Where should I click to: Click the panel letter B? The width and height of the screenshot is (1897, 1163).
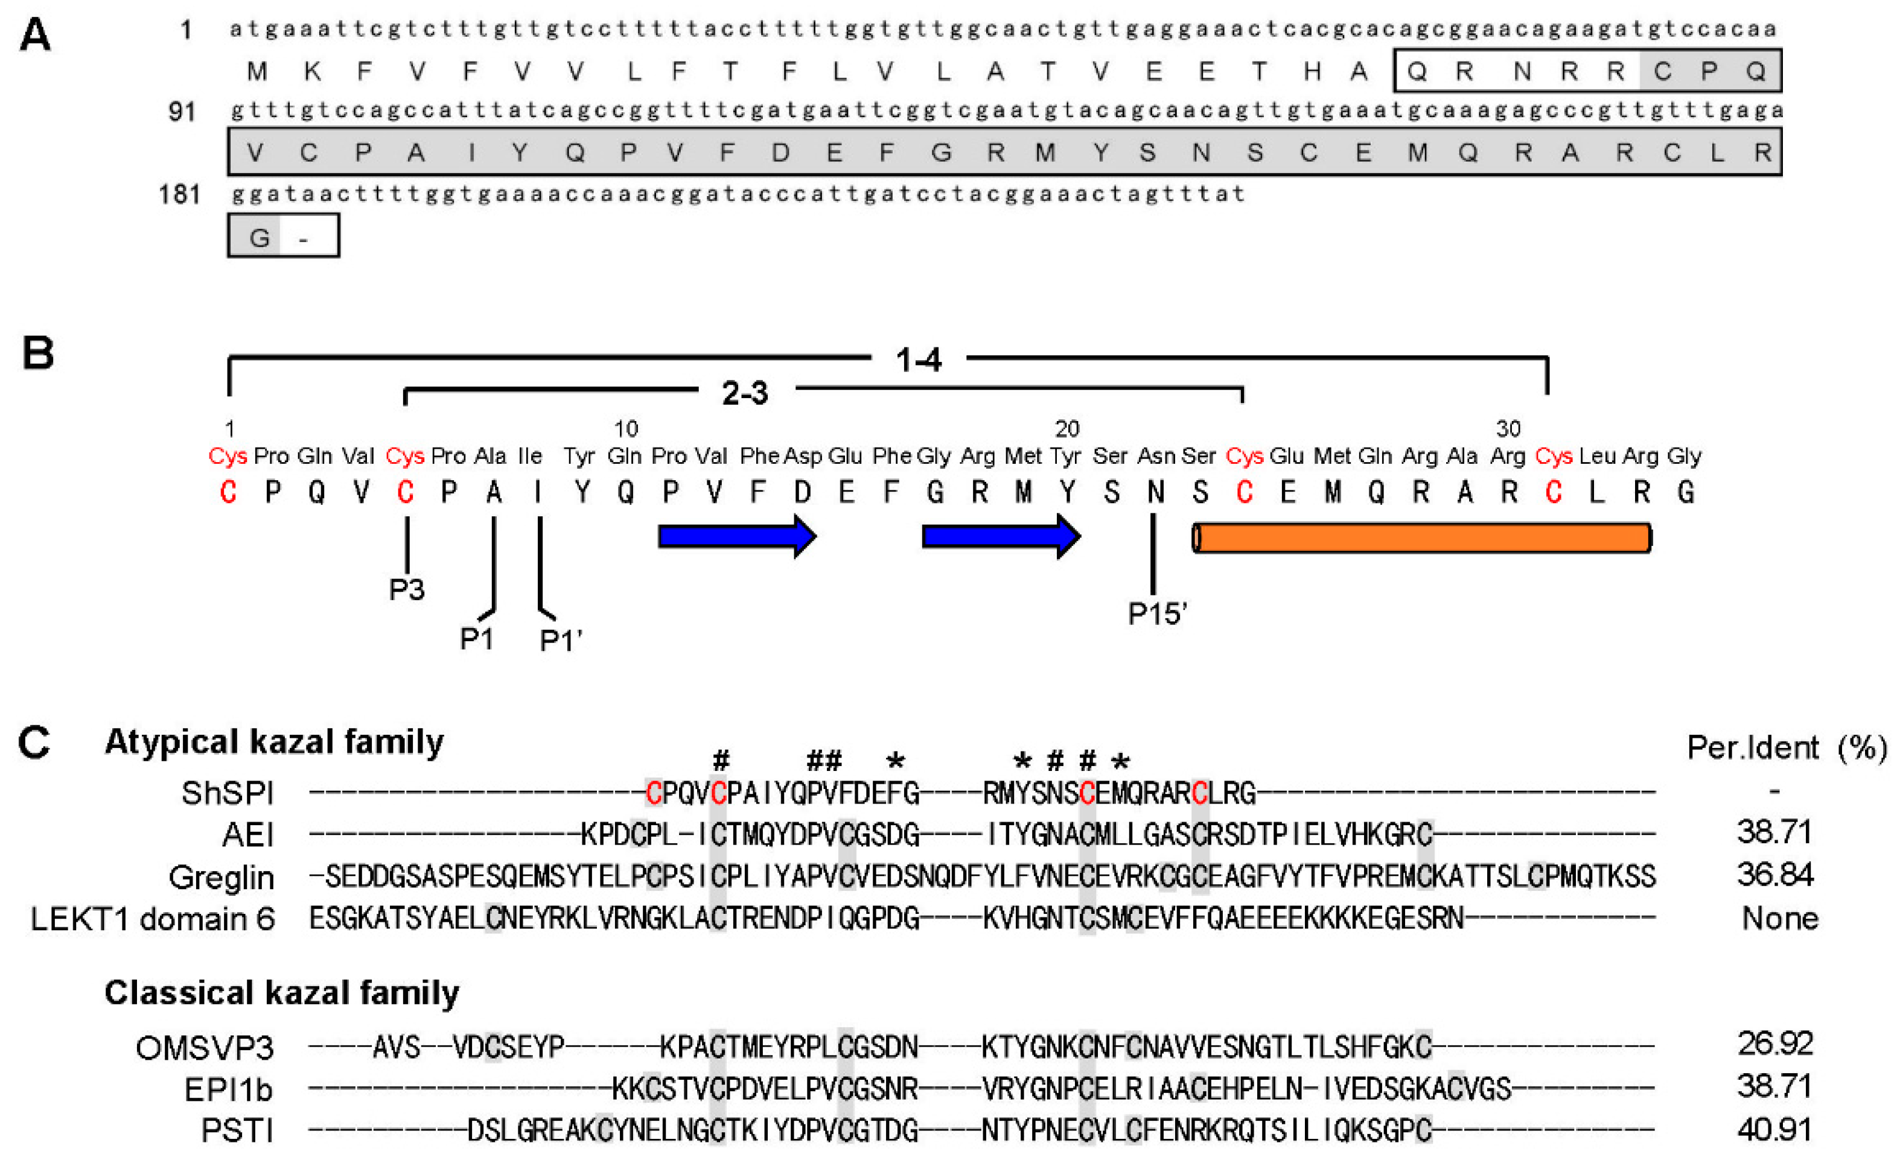coord(38,353)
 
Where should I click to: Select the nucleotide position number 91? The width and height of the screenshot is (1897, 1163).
coord(182,112)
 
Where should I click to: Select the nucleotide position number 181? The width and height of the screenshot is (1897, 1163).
coord(179,194)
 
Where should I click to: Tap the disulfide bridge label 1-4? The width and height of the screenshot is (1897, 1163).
coord(919,360)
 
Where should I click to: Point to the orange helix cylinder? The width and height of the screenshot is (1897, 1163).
coord(1421,538)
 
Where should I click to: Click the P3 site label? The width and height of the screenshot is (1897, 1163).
coord(407,589)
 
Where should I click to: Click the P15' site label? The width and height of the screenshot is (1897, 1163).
coord(1157,614)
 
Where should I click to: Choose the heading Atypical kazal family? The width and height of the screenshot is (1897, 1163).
coord(274,742)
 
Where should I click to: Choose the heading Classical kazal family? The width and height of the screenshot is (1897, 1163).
coord(282,993)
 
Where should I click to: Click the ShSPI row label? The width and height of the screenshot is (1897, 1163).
coord(228,793)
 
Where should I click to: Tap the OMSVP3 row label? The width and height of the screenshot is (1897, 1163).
coord(205,1048)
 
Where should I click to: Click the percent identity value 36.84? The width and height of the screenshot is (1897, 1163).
coord(1774,875)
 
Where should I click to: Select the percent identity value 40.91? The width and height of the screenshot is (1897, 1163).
coord(1774,1130)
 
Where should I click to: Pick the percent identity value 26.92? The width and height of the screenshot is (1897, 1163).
coord(1774,1044)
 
